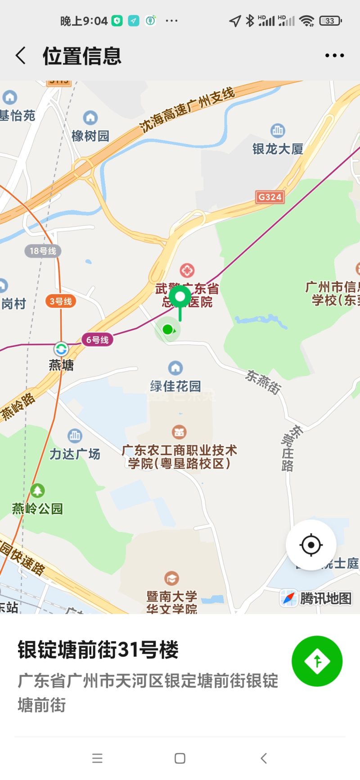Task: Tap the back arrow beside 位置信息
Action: point(21,56)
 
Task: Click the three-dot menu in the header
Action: point(334,56)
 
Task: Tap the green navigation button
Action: point(317,661)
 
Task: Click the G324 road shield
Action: point(270,197)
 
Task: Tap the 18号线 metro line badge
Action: point(43,251)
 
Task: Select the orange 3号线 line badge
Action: point(61,301)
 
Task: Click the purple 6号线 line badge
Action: point(97,340)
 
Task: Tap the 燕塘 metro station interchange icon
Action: point(61,349)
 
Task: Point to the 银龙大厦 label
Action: point(278,149)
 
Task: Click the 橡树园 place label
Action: point(90,135)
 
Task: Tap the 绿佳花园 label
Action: point(175,386)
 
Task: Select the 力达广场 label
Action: point(75,454)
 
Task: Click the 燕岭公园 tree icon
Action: point(37,490)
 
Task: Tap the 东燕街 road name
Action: point(263,382)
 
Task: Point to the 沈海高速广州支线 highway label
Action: point(187,109)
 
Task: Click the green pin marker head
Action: point(180,297)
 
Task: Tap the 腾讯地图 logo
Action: point(316,598)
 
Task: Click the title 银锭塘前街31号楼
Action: point(98,649)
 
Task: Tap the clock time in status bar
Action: point(84,21)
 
